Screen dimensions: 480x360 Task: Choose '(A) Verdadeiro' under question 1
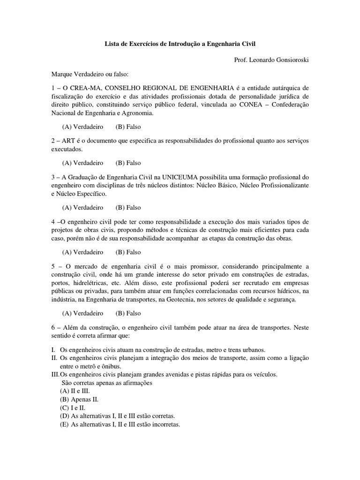click(82, 127)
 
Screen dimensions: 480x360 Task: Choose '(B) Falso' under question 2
click(128, 163)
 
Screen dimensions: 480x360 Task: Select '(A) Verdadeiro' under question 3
click(82, 207)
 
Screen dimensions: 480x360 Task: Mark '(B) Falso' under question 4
click(128, 252)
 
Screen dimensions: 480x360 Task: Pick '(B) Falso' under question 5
click(128, 313)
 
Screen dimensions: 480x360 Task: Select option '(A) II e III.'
click(78, 391)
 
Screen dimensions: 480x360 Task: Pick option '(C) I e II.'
click(75, 408)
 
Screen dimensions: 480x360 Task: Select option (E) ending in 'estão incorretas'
click(120, 425)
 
